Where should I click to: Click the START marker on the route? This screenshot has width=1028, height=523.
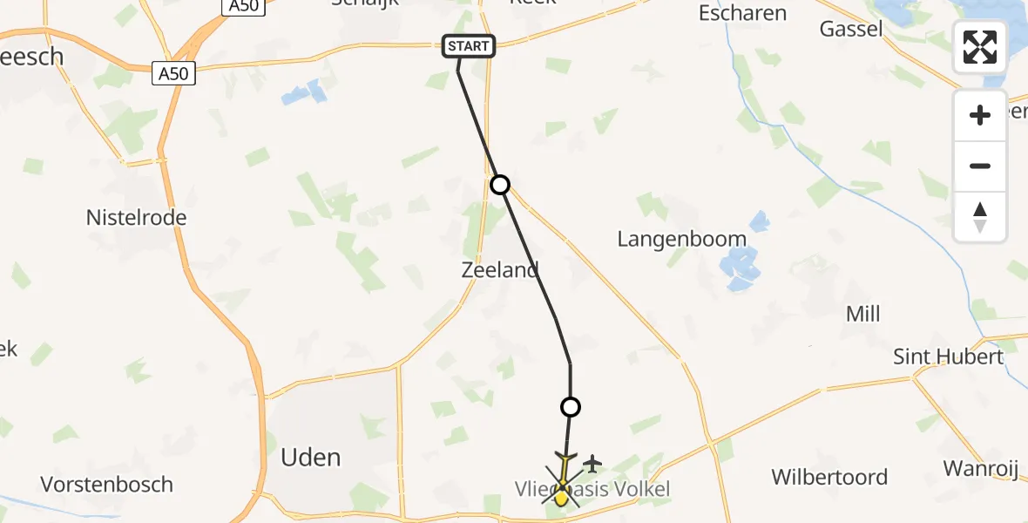[x=469, y=46]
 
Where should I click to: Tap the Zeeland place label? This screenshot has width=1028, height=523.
[x=500, y=270]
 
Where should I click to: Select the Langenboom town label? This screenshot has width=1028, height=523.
[x=681, y=239]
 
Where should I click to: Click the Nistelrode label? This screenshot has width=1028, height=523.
[x=136, y=217]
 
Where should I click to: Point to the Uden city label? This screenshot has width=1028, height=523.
[x=311, y=458]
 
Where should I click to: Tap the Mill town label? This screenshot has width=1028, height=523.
[x=862, y=314]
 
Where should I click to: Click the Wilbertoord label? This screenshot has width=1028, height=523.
[x=828, y=477]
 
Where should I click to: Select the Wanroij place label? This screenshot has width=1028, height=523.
[x=980, y=468]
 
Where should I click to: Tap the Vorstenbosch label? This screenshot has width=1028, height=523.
[x=107, y=484]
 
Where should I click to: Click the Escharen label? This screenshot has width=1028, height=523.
[x=742, y=13]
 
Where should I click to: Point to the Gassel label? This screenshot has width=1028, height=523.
[x=851, y=29]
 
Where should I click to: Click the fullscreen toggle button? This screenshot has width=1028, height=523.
[x=980, y=47]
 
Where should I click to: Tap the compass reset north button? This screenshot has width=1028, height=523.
[x=980, y=217]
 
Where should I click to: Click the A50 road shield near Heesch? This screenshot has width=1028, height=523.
[x=173, y=74]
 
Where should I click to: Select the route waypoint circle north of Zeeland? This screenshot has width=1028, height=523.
[x=499, y=185]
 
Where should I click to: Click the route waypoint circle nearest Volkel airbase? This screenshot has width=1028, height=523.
[x=570, y=406]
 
